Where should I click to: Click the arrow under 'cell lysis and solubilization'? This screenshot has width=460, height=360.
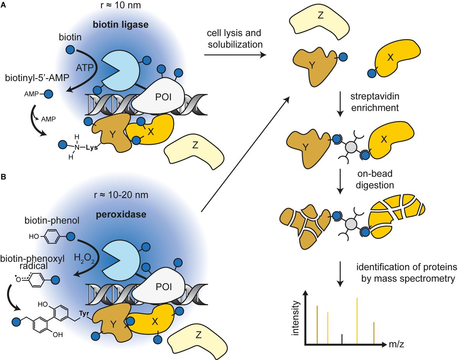[235, 55]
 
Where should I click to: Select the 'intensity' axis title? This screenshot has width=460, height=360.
[296, 319]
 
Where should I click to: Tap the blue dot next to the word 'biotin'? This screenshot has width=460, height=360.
[70, 50]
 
